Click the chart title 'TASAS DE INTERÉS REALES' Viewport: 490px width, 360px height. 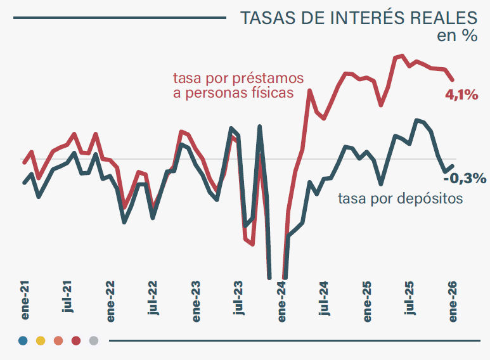click(359, 18)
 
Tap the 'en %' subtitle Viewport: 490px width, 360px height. click(457, 35)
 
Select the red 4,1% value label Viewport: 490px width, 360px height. click(461, 95)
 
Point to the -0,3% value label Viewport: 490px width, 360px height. click(464, 178)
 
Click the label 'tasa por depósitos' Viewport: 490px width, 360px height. click(400, 198)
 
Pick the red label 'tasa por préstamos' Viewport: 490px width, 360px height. click(238, 79)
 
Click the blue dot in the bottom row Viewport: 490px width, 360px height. click(23, 341)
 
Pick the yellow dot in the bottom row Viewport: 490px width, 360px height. click(41, 341)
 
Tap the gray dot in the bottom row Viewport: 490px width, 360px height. click(94, 341)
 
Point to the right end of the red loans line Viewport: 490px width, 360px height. click(453, 79)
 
